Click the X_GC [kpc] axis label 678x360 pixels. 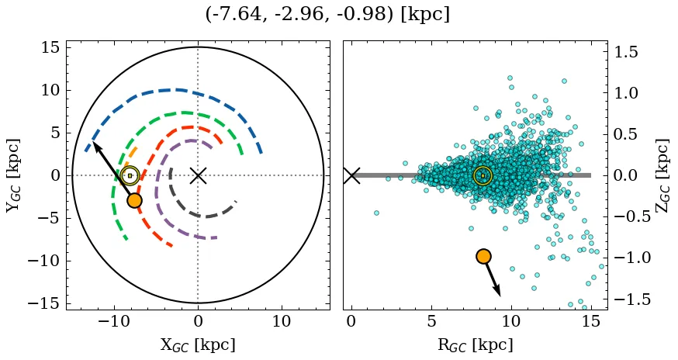pyautogui.click(x=198, y=344)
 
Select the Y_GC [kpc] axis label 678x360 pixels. pyautogui.click(x=13, y=175)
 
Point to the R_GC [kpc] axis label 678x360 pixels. pyautogui.click(x=476, y=344)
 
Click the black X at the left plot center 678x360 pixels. pyautogui.click(x=198, y=175)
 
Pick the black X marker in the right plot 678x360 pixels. pyautogui.click(x=351, y=175)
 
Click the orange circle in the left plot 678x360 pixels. pyautogui.click(x=134, y=200)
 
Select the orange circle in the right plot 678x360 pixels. pyautogui.click(x=483, y=256)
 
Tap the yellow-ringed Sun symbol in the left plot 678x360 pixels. pyautogui.click(x=130, y=175)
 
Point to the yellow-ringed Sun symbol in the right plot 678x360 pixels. pyautogui.click(x=483, y=175)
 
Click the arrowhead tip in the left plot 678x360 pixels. pyautogui.click(x=94, y=142)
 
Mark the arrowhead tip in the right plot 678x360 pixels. pyautogui.click(x=500, y=296)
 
